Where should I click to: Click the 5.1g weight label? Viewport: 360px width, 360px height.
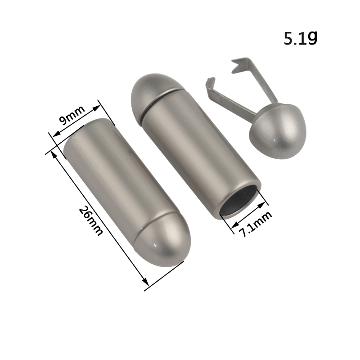point(300,38)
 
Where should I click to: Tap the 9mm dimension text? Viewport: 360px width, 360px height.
point(72,115)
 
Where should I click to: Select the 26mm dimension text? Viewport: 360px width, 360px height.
point(90,221)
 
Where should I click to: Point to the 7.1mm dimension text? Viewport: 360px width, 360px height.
point(255,224)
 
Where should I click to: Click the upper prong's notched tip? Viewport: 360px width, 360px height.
point(237,65)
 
